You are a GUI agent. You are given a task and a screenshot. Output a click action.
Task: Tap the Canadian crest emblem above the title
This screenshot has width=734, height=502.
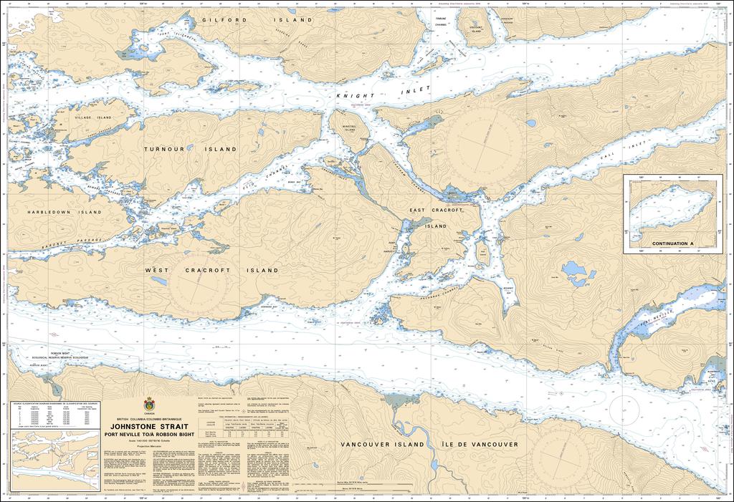[x=149, y=405]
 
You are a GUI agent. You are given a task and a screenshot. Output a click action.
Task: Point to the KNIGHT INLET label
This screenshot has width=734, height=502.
[x=384, y=92]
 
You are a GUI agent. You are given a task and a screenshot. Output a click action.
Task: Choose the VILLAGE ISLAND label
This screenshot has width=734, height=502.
[x=94, y=117]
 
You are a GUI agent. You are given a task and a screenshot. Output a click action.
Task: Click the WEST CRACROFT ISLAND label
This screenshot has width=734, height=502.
[x=211, y=271]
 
